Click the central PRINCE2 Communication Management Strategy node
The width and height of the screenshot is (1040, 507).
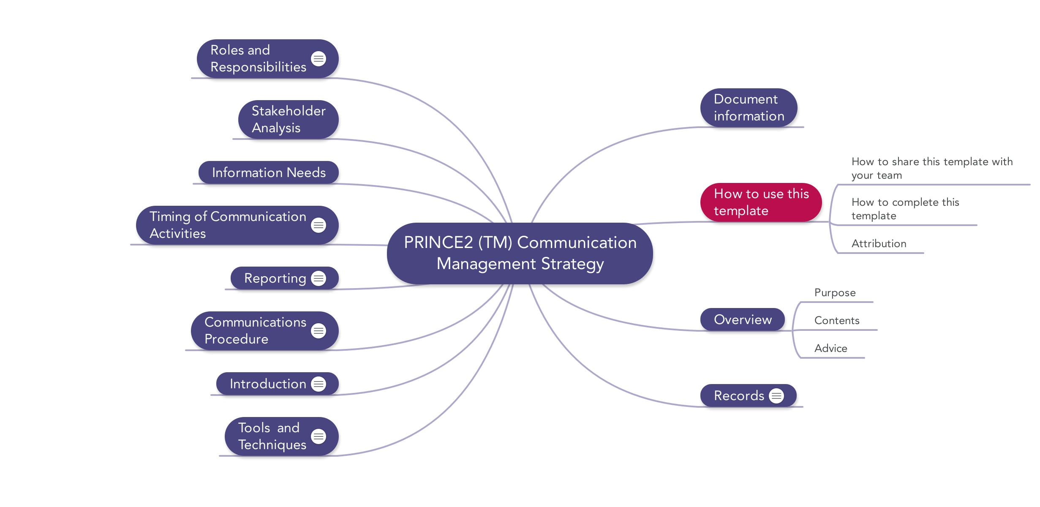click(520, 253)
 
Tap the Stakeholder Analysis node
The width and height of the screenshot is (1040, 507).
click(289, 119)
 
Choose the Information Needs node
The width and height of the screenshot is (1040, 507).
click(269, 172)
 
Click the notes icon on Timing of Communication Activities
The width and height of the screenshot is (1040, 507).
click(319, 225)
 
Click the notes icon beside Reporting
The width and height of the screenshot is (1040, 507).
click(319, 278)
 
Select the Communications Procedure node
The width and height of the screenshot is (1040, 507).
click(255, 330)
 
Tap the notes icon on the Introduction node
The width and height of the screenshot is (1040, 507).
click(319, 384)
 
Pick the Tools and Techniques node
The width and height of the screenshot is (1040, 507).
click(272, 436)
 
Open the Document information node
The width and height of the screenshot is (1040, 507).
click(749, 108)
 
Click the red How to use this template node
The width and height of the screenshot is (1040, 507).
click(761, 202)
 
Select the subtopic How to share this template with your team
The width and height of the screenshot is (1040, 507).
click(931, 168)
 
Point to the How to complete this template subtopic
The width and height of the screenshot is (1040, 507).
click(905, 209)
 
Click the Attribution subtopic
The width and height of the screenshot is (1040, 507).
click(879, 244)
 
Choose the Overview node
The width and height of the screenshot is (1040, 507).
click(742, 319)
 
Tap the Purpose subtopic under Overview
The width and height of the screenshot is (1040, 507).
click(835, 293)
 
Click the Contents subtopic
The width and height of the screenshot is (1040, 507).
click(836, 321)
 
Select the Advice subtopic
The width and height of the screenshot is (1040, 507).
click(830, 349)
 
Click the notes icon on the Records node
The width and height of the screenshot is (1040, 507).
click(776, 396)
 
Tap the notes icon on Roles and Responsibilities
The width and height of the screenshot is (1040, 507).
click(319, 59)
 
